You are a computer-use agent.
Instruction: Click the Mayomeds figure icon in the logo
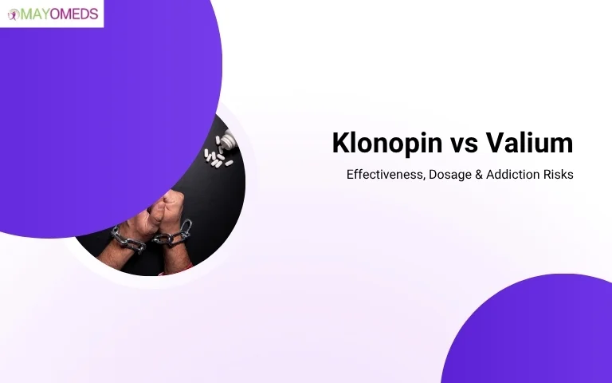click(14, 14)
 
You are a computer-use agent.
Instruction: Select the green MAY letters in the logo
click(34, 14)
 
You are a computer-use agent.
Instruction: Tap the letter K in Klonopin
click(340, 144)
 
